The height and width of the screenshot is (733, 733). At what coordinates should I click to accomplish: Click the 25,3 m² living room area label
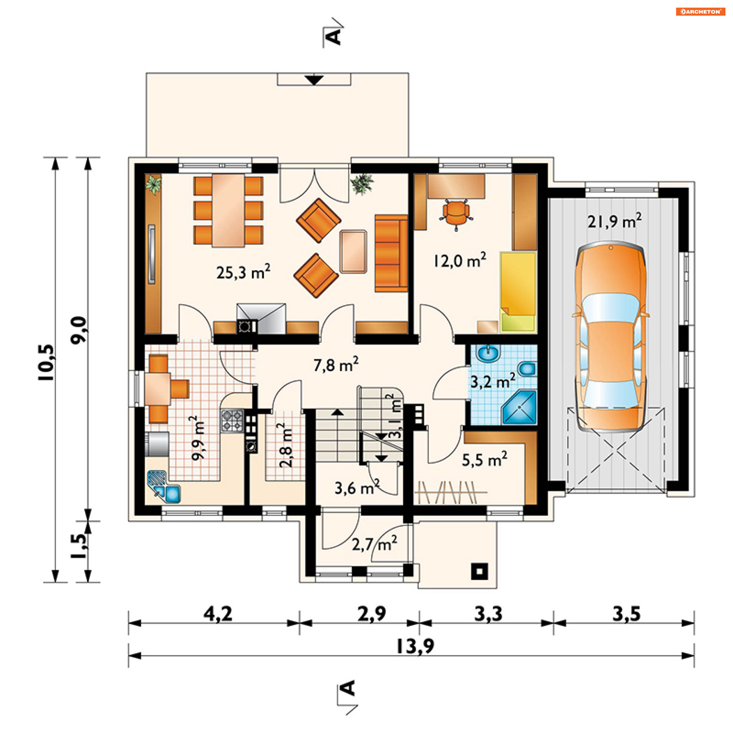(243, 272)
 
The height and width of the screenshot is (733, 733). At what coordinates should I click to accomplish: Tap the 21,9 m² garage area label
(614, 221)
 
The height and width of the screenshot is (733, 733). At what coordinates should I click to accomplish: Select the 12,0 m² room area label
(460, 260)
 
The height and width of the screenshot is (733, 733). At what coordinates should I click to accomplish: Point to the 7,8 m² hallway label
(336, 365)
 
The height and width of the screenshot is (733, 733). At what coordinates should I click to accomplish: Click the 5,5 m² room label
(484, 459)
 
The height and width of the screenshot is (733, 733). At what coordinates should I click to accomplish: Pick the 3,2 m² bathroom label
(492, 381)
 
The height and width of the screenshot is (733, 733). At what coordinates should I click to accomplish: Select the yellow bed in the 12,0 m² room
(518, 292)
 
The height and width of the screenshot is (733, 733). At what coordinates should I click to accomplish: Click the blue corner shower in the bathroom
(520, 407)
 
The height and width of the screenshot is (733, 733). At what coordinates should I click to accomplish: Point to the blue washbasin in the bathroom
(488, 354)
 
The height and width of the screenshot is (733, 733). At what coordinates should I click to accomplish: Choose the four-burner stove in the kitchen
(232, 420)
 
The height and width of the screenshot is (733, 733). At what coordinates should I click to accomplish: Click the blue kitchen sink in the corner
(164, 486)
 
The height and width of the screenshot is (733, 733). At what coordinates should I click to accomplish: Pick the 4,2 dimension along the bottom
(218, 614)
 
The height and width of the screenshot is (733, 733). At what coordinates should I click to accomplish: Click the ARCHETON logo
(701, 11)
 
